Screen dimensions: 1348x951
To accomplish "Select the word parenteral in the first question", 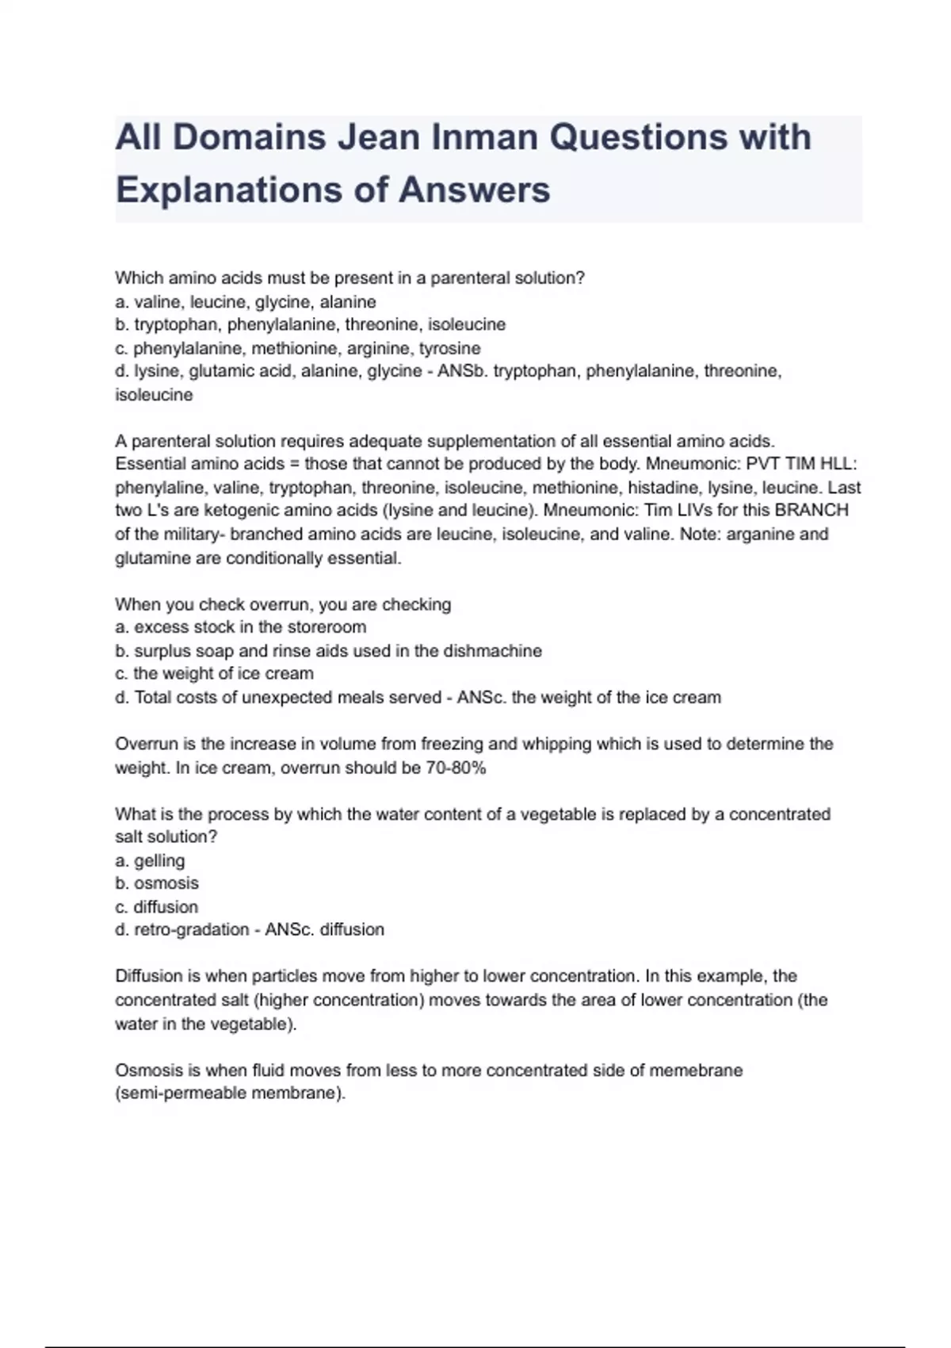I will (471, 278).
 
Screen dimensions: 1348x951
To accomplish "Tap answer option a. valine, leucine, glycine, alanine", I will (246, 302).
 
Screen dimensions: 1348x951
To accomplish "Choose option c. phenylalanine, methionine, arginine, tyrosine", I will (298, 348).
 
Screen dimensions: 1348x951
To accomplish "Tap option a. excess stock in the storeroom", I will (241, 627).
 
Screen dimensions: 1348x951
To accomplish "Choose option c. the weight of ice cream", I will (215, 674).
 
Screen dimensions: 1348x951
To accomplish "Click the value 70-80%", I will (455, 768).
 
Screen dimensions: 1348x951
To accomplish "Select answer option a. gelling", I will (151, 860).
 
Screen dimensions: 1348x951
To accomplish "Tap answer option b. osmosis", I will (157, 883).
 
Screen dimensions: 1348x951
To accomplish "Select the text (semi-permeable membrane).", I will (231, 1093).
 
